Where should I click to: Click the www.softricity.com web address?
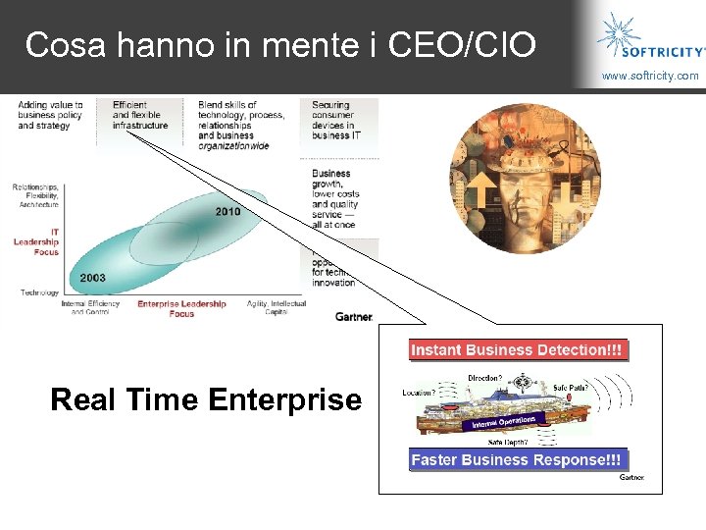pyautogui.click(x=650, y=76)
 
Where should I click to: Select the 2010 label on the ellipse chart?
pyautogui.click(x=227, y=212)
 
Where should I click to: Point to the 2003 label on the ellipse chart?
pyautogui.click(x=92, y=278)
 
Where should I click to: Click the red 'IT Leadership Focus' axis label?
pyautogui.click(x=36, y=241)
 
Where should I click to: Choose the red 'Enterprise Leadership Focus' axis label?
pyautogui.click(x=181, y=308)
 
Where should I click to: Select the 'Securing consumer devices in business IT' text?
pyautogui.click(x=333, y=121)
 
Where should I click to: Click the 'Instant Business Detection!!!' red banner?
pyautogui.click(x=516, y=349)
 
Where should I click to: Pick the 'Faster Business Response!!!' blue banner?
pyautogui.click(x=516, y=459)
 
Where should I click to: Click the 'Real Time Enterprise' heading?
pyautogui.click(x=206, y=399)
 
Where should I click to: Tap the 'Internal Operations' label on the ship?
pyautogui.click(x=503, y=421)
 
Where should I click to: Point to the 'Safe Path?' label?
pyautogui.click(x=570, y=388)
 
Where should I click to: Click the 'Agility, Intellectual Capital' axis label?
pyautogui.click(x=276, y=308)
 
